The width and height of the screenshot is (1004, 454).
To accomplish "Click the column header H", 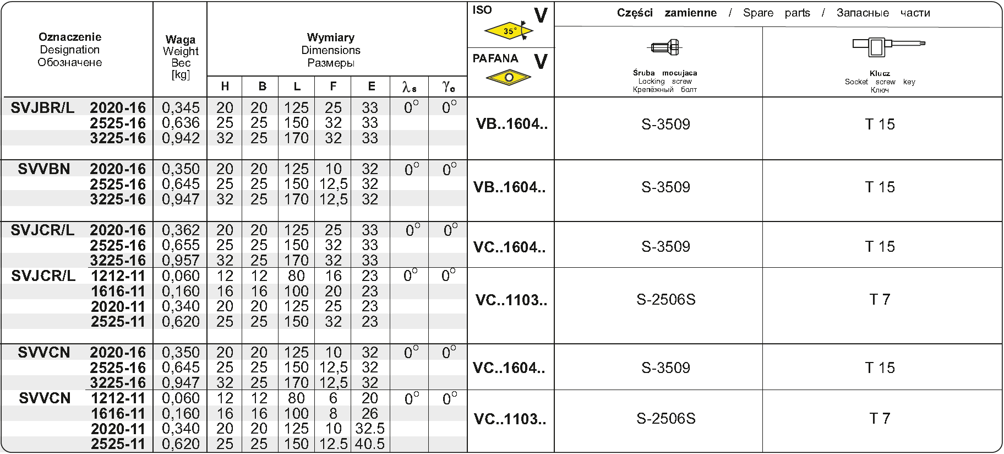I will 225,87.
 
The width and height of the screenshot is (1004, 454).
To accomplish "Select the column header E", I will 372,87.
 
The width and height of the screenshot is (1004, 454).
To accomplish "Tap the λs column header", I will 409,87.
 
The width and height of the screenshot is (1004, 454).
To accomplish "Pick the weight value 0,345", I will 181,107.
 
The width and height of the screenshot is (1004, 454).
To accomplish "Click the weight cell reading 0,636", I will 181,123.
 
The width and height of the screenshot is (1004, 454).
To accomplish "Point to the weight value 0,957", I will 181,260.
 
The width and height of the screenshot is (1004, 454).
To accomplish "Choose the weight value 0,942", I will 181,138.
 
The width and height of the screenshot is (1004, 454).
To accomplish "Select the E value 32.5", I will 370,429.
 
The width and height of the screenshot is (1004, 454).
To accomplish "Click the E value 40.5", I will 370,444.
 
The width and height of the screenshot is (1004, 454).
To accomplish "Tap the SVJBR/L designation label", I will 42,107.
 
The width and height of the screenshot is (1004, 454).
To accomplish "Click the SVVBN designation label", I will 44,169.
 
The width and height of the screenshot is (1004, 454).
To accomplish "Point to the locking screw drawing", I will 665,47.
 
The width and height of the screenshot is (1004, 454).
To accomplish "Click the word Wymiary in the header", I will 331,37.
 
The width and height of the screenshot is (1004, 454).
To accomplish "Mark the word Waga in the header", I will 181,40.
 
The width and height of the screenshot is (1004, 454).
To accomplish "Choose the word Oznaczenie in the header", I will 70,37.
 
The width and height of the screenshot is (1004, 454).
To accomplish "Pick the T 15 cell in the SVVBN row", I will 880,187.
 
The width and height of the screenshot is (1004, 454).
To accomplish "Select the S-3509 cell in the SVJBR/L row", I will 665,125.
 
